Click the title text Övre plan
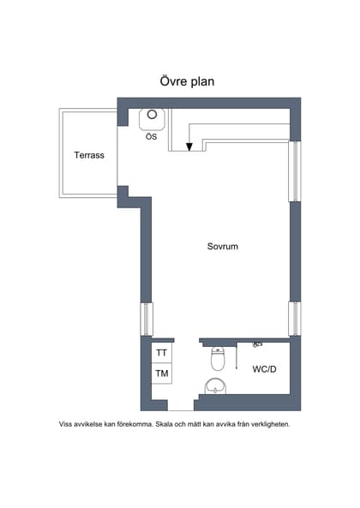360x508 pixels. pyautogui.click(x=186, y=81)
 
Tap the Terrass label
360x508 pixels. pyautogui.click(x=89, y=155)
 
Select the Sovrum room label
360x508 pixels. pyautogui.click(x=222, y=246)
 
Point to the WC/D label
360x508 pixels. pyautogui.click(x=264, y=370)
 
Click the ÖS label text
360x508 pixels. pyautogui.click(x=151, y=137)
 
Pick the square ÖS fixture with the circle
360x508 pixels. pyautogui.click(x=152, y=117)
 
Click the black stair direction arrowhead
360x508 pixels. pyautogui.click(x=189, y=146)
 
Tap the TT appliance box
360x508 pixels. pyautogui.click(x=161, y=352)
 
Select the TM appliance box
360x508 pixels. pyautogui.click(x=161, y=374)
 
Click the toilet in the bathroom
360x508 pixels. pyautogui.click(x=218, y=360)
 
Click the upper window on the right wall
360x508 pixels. pyautogui.click(x=294, y=171)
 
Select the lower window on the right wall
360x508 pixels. pyautogui.click(x=294, y=318)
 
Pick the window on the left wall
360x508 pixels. pyautogui.click(x=146, y=319)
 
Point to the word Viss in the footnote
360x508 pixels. pyautogui.click(x=66, y=424)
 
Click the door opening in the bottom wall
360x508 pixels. pyautogui.click(x=181, y=404)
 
